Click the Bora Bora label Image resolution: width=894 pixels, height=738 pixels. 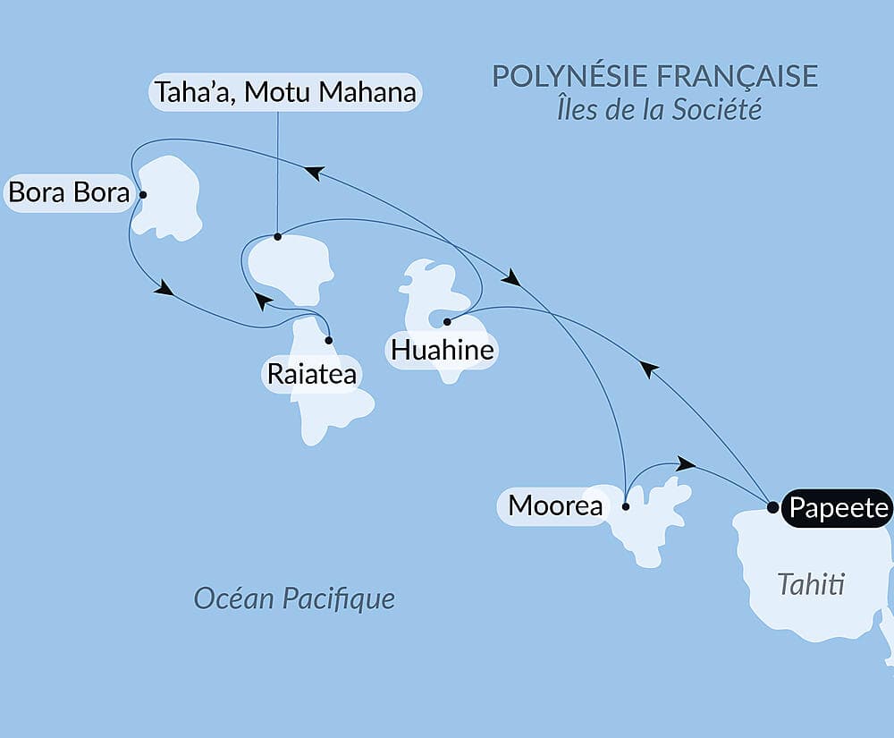[x=69, y=193]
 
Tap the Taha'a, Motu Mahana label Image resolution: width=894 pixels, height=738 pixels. [x=285, y=92]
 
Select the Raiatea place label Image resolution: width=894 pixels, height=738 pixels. [x=311, y=374]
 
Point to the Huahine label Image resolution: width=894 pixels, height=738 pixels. [x=442, y=349]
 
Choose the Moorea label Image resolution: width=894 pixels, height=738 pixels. [x=554, y=506]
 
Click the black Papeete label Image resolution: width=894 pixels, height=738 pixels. [x=837, y=508]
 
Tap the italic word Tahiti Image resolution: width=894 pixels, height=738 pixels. [x=811, y=585]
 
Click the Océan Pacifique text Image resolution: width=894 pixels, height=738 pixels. [x=294, y=598]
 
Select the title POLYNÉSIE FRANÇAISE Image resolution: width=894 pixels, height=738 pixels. [x=654, y=76]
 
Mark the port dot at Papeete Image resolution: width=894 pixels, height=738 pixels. [x=772, y=507]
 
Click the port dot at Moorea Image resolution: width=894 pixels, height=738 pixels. [x=626, y=507]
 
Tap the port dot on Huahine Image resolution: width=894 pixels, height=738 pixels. [x=446, y=320]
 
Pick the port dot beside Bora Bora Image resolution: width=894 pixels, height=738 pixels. [x=143, y=193]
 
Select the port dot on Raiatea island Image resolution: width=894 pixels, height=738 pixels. [x=330, y=340]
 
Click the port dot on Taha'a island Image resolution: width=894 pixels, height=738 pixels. [x=277, y=237]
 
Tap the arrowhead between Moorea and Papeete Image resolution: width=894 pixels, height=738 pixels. [x=686, y=463]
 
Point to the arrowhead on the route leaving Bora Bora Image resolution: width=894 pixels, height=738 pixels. [x=164, y=288]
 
